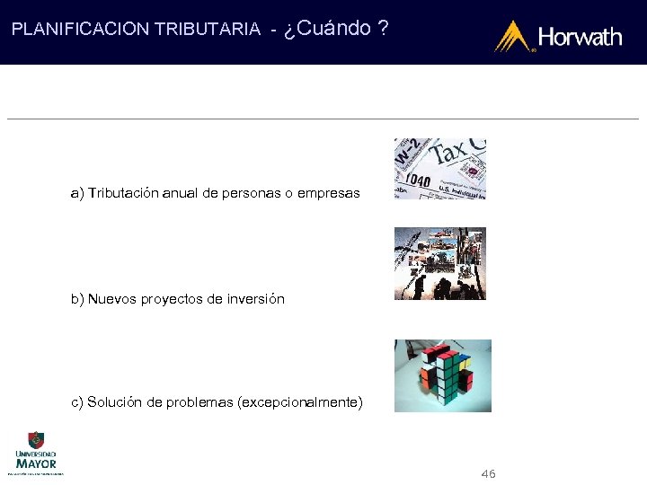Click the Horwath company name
pyautogui.click(x=580, y=37)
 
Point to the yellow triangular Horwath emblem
pyautogui.click(x=513, y=36)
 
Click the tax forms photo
pyautogui.click(x=439, y=168)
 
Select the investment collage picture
pyautogui.click(x=439, y=263)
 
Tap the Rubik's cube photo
pyautogui.click(x=443, y=375)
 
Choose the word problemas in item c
pyautogui.click(x=198, y=401)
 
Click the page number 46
pyautogui.click(x=488, y=473)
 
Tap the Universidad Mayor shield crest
pyautogui.click(x=36, y=440)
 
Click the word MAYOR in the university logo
pyautogui.click(x=36, y=463)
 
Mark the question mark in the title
pyautogui.click(x=384, y=28)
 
